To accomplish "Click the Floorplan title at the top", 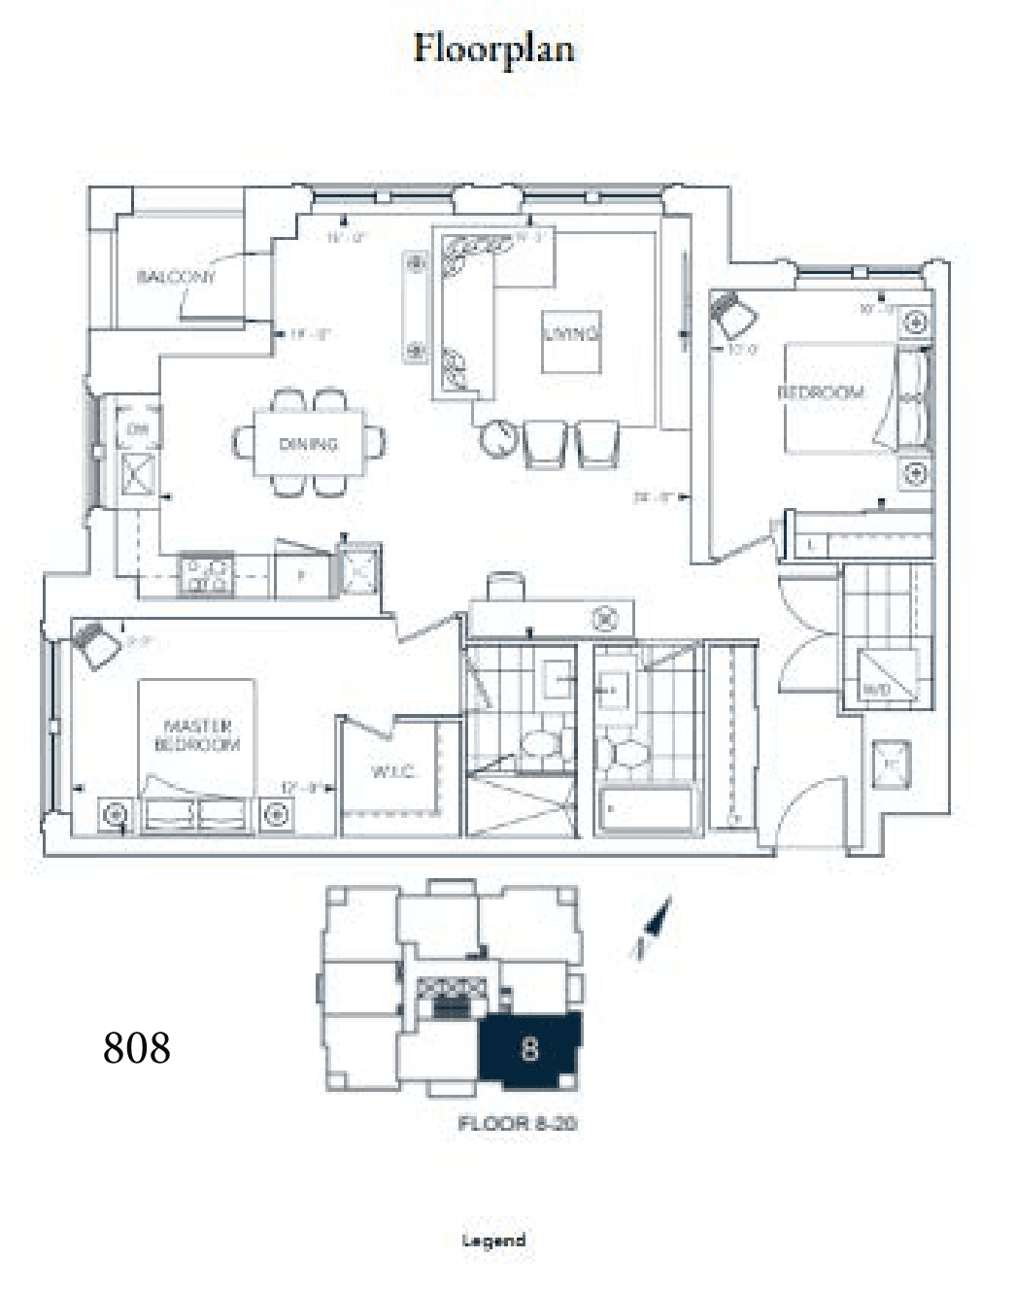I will pos(493,49).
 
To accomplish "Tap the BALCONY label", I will pos(176,277).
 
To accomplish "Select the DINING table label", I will pos(308,444).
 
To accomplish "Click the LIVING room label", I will pos(570,333).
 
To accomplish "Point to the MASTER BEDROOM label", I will pos(197,735).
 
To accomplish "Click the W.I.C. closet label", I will pos(392,772).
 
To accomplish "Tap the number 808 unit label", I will pos(137,1047).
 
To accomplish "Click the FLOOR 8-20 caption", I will pos(518,1124).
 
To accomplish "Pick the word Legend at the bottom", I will pos(494,1241).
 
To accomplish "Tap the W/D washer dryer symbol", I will pos(886,675).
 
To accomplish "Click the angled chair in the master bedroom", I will pos(97,645).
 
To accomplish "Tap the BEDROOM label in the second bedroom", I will pos(821,392).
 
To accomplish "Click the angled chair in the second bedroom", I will pos(734,315).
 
